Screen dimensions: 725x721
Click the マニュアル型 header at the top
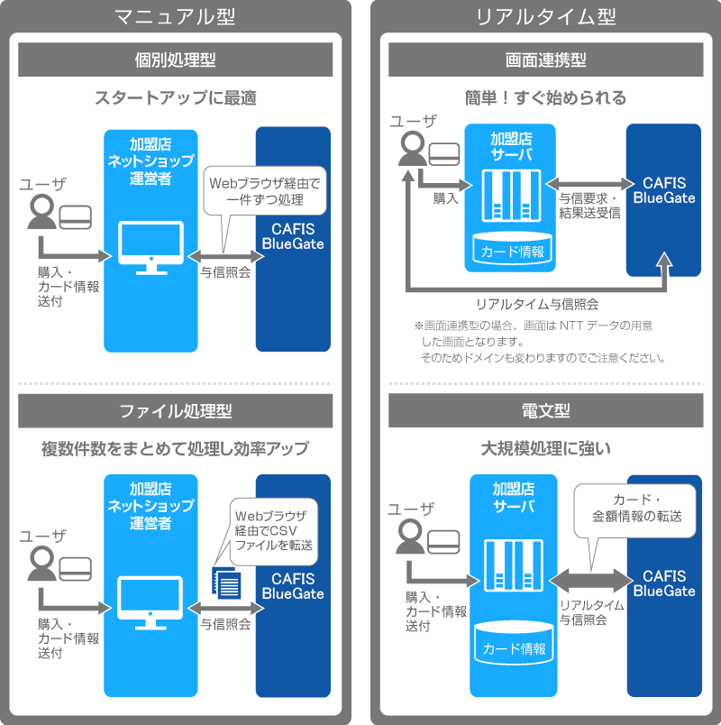coord(176,15)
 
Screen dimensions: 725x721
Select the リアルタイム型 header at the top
coord(545,15)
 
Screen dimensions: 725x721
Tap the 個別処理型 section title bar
coord(175,60)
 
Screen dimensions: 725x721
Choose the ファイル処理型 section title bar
coord(175,411)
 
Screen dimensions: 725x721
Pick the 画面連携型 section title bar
coord(545,60)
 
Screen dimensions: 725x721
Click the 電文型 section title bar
coord(545,411)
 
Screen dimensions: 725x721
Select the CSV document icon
coord(226,579)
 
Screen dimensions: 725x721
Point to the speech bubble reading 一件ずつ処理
coord(263,191)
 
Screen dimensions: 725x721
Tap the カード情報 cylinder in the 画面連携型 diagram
coord(512,249)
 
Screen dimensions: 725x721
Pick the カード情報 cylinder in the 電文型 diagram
coord(515,646)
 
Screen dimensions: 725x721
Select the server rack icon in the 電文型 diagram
coord(514,564)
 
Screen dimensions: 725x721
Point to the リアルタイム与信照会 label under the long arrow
coord(536,304)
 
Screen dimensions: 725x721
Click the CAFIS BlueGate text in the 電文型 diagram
coord(664,583)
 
